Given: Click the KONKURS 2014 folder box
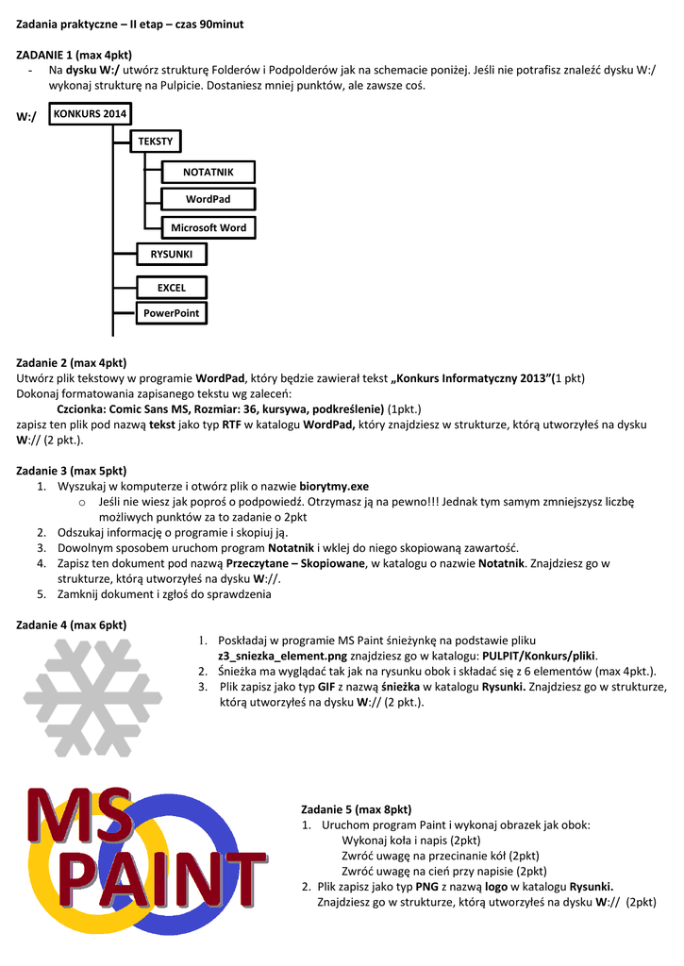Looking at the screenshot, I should coord(90,113).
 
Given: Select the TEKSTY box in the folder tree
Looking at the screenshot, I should coord(156,141).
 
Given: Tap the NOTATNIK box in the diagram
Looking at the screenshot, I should coord(208,172).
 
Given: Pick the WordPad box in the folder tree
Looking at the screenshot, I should coord(208,199).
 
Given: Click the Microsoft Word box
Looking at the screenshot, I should coord(209,227).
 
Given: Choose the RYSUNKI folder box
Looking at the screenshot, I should coord(170,254).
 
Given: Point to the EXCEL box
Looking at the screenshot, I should coord(171,288).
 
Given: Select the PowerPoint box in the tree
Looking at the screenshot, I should coord(171,313).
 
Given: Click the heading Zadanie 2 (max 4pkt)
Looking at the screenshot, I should coord(72,362).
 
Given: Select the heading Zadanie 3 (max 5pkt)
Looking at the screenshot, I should coord(72,470).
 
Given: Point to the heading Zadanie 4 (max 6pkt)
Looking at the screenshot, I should coord(72,625).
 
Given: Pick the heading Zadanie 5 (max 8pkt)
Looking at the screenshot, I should coord(356,809).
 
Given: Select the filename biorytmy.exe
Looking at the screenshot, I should coord(334,486).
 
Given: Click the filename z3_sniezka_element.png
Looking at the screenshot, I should coord(283,656).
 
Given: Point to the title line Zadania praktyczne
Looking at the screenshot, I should coord(130,23).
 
